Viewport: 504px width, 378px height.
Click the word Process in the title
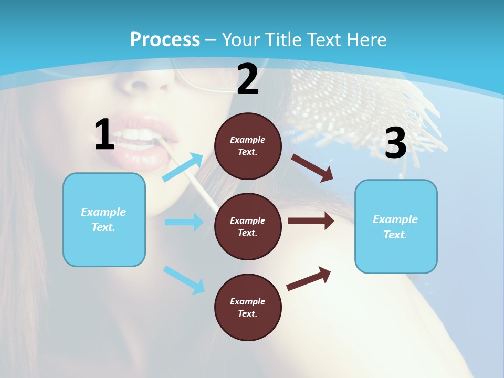point(165,40)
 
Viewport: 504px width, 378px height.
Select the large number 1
point(104,135)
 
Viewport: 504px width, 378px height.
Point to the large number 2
point(248,79)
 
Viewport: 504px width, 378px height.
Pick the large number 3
point(395,143)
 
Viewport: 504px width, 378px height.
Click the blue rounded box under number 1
point(104,219)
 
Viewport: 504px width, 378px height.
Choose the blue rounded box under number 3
point(396,227)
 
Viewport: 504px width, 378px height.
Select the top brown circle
point(248,146)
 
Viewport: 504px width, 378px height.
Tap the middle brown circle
point(248,227)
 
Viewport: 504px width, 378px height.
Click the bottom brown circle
point(248,308)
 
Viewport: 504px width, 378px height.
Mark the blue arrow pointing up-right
point(183,167)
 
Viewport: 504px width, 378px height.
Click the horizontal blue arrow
point(184,222)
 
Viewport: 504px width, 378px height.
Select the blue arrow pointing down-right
point(184,280)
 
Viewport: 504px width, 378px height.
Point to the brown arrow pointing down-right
point(313,168)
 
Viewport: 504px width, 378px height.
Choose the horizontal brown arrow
point(311,220)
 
